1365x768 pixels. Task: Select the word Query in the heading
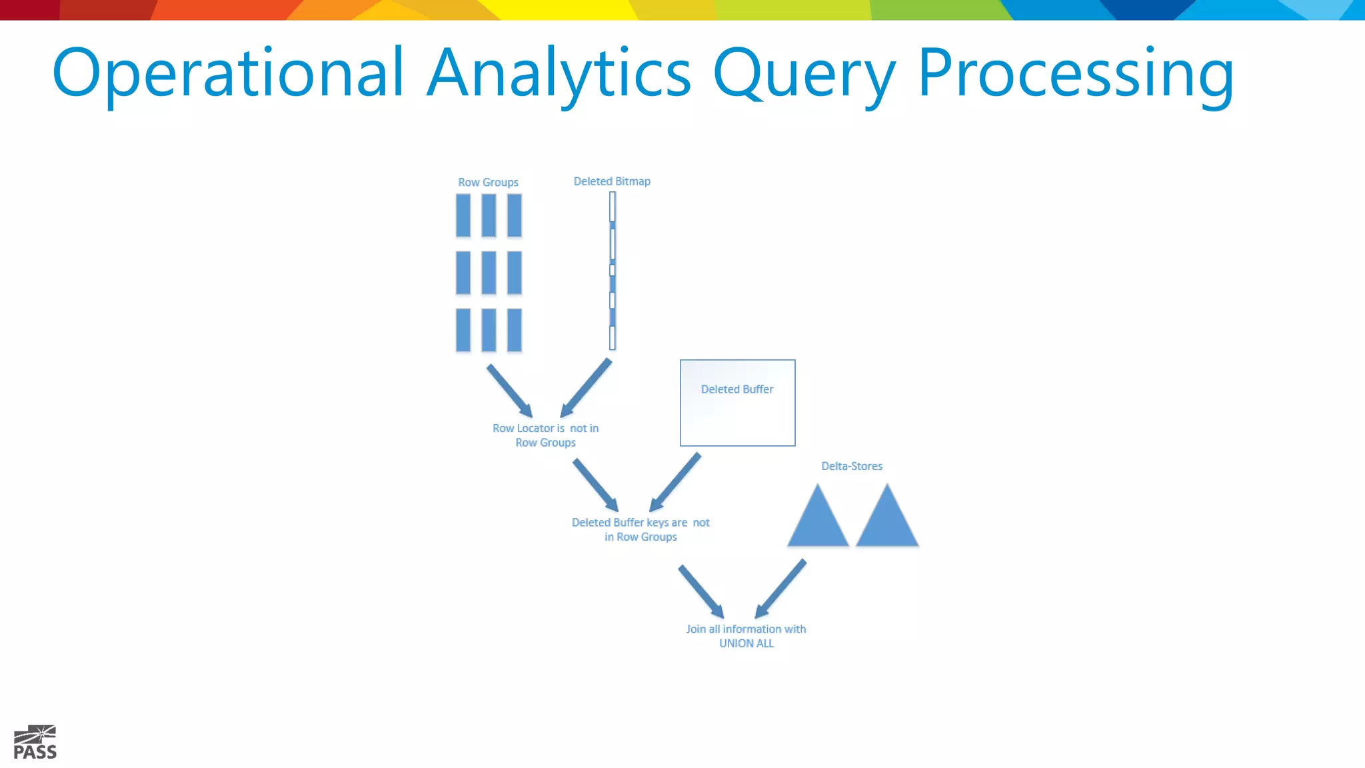pyautogui.click(x=804, y=73)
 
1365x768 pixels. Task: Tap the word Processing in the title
pyautogui.click(x=1075, y=73)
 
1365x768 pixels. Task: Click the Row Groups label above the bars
pyautogui.click(x=488, y=182)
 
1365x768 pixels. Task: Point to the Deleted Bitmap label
pyautogui.click(x=612, y=181)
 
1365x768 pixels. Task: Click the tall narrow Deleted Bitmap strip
pyautogui.click(x=613, y=271)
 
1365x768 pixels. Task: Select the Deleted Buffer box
pyautogui.click(x=737, y=403)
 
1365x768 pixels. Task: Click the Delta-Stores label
pyautogui.click(x=851, y=466)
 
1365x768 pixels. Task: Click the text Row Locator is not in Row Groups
pyautogui.click(x=545, y=435)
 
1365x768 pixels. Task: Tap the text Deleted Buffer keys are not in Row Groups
pyautogui.click(x=641, y=529)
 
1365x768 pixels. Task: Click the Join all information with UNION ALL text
pyautogui.click(x=746, y=636)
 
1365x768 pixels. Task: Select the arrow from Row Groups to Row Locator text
pyautogui.click(x=509, y=391)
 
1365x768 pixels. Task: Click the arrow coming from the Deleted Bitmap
pyautogui.click(x=586, y=388)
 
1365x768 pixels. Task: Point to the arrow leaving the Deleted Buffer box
pyautogui.click(x=675, y=482)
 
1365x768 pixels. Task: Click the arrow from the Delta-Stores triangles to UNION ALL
pyautogui.click(x=780, y=589)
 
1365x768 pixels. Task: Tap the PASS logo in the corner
pyautogui.click(x=35, y=743)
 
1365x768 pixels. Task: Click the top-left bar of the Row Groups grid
pyautogui.click(x=463, y=215)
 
